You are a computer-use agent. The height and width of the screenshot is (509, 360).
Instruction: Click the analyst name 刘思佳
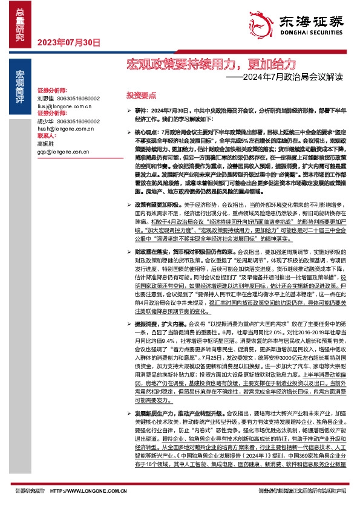click(x=46, y=97)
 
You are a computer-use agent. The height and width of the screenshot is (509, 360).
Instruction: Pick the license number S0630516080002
click(x=79, y=97)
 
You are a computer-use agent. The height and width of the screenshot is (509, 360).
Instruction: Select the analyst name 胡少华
click(x=46, y=121)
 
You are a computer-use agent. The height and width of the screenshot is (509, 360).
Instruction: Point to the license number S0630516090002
click(x=79, y=121)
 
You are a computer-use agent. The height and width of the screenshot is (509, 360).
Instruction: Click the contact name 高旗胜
click(x=46, y=144)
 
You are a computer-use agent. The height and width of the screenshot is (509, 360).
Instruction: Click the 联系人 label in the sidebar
click(x=47, y=136)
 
